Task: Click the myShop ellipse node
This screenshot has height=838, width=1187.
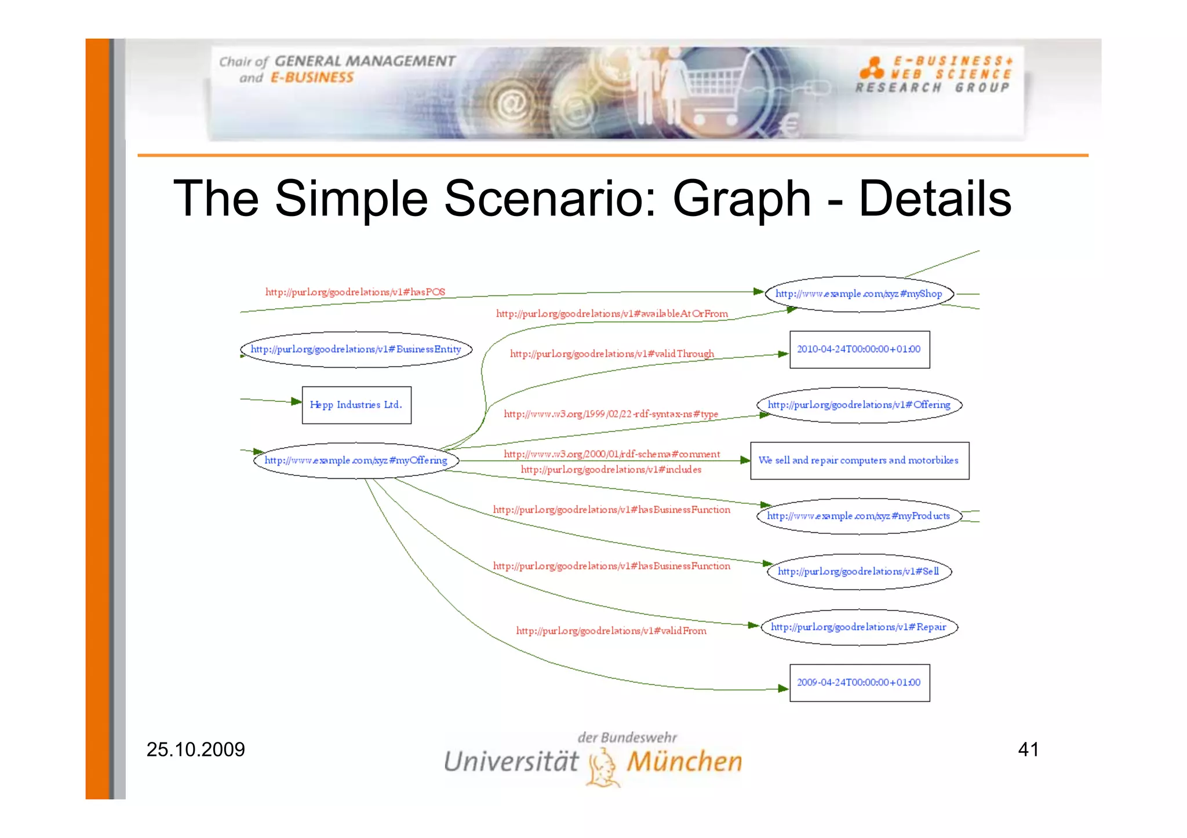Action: (x=859, y=294)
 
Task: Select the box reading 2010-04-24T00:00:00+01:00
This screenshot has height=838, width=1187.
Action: (x=859, y=349)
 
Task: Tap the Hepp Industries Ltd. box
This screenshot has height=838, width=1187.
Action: (x=356, y=405)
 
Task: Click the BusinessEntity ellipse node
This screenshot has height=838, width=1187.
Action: (x=356, y=349)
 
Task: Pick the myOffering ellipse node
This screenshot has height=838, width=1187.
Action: (x=356, y=460)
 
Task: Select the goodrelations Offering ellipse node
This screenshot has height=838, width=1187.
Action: (x=859, y=405)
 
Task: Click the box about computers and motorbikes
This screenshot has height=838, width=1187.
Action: (x=859, y=460)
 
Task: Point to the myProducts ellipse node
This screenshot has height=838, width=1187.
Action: (x=859, y=515)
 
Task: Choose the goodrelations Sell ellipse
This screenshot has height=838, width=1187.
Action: (x=859, y=572)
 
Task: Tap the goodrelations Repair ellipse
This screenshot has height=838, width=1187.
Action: (x=859, y=627)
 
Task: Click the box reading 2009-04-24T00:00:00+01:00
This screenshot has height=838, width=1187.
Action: (x=859, y=682)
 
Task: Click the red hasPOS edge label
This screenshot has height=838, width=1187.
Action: (x=355, y=292)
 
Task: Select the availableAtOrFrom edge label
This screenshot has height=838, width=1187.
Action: (x=611, y=314)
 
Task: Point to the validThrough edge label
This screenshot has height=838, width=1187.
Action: (x=611, y=354)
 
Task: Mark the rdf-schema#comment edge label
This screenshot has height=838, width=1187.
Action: (x=611, y=454)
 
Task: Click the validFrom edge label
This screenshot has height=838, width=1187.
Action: (x=611, y=631)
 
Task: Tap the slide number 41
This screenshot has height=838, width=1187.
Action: (x=1028, y=749)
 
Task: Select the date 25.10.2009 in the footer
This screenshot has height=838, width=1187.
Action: (x=195, y=749)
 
